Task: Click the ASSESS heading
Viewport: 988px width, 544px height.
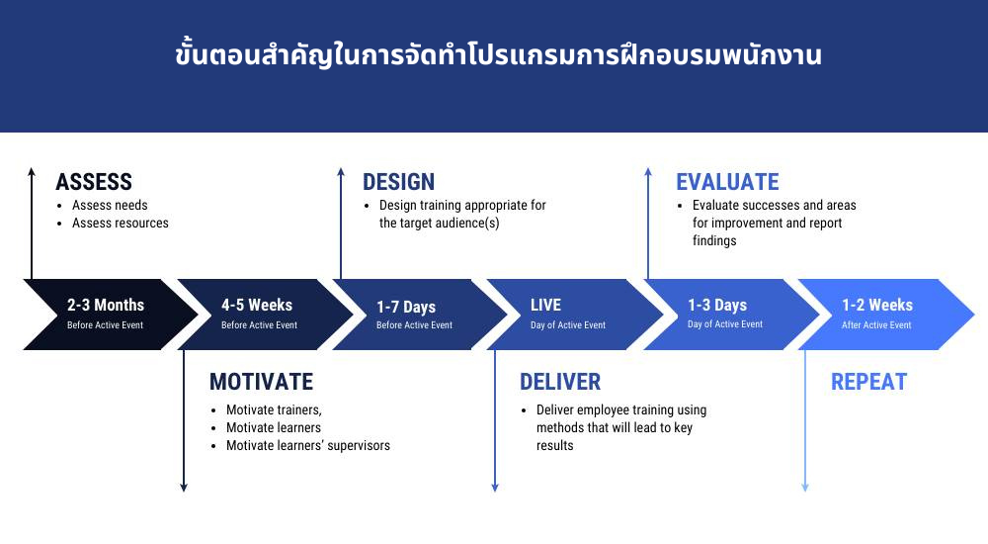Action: (x=94, y=182)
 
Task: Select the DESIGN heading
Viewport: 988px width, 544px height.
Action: (x=398, y=182)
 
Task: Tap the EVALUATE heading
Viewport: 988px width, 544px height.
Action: (x=727, y=182)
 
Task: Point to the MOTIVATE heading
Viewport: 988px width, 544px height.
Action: (x=261, y=382)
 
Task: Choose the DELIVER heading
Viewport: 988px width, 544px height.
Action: (x=560, y=382)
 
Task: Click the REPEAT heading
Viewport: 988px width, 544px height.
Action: (x=868, y=382)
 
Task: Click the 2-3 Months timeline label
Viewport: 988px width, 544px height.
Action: (x=106, y=305)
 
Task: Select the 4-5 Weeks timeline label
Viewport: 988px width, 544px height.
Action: (x=257, y=305)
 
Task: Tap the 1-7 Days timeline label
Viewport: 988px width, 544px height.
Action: (x=406, y=307)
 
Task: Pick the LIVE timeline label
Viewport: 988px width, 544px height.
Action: (x=545, y=305)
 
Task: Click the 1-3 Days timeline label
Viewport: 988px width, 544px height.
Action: (x=717, y=305)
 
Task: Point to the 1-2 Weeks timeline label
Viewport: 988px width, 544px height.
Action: (x=877, y=305)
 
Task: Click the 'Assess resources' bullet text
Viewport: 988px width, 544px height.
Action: (x=120, y=224)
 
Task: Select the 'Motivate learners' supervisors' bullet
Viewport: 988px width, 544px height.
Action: (x=307, y=446)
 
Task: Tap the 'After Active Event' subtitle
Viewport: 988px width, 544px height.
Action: (x=876, y=325)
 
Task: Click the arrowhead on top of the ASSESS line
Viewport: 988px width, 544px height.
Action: (x=32, y=172)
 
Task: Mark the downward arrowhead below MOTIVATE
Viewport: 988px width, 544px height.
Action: (x=184, y=487)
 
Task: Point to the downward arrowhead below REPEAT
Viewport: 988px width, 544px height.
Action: (x=804, y=487)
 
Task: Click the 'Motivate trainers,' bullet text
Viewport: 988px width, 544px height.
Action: (x=274, y=410)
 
